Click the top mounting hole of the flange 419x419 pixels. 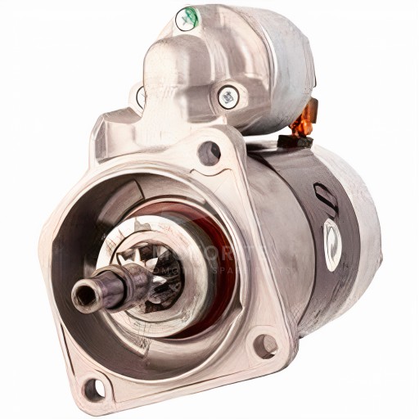tap(210, 151)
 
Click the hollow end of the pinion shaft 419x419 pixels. tap(84, 292)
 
